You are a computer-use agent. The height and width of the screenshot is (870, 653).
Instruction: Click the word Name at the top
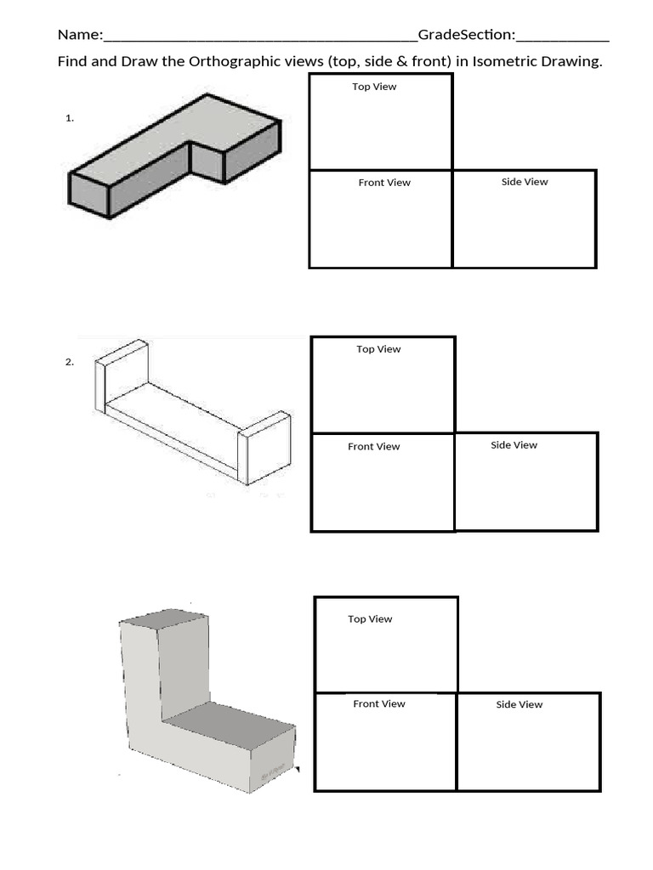click(77, 35)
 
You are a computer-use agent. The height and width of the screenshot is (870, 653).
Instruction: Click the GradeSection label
click(465, 35)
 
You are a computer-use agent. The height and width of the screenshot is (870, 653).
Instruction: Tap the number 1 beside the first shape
click(70, 119)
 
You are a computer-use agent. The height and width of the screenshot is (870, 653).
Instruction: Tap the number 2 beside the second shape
click(70, 362)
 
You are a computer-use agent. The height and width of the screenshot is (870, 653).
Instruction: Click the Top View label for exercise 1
click(374, 87)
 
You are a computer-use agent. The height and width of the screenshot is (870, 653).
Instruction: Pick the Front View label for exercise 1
click(384, 183)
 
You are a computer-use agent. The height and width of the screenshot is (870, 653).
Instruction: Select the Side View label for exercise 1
click(525, 182)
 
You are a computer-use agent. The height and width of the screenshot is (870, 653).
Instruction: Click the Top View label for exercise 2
click(378, 349)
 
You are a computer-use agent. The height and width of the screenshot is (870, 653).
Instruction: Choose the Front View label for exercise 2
click(373, 447)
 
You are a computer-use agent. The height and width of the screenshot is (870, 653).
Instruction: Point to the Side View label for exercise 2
click(514, 445)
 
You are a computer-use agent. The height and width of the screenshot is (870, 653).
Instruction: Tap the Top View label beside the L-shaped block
click(370, 619)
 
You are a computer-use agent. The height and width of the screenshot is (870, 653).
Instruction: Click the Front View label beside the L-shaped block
click(379, 704)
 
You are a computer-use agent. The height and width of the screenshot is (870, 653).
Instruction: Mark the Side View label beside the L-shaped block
click(519, 704)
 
